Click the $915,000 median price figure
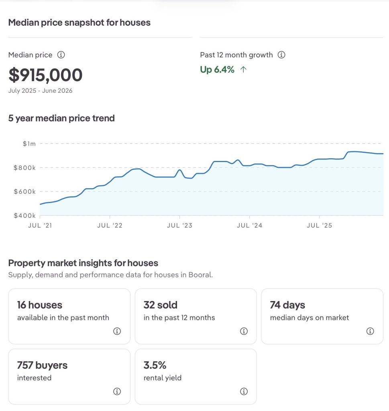(x=45, y=75)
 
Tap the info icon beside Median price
(x=61, y=55)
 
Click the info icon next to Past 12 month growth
(x=281, y=55)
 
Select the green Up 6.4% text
(x=217, y=70)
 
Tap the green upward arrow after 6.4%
(x=244, y=69)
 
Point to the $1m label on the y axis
(x=29, y=144)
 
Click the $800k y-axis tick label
(x=24, y=168)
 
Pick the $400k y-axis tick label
(x=24, y=216)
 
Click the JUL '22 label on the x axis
(x=110, y=226)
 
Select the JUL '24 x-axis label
(x=250, y=226)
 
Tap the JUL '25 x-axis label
(x=319, y=226)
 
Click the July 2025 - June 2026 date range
(x=41, y=91)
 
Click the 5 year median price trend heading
(x=61, y=118)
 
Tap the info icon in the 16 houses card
(x=117, y=331)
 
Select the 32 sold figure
(x=161, y=305)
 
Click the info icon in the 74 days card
(x=370, y=331)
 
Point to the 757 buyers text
(x=42, y=365)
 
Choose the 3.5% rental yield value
(x=155, y=365)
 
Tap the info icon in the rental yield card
(x=244, y=391)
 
